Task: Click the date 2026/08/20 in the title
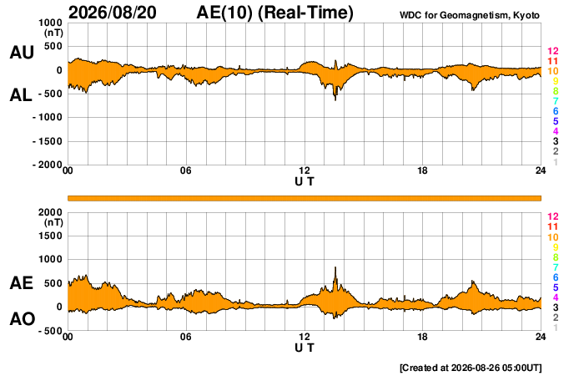click(113, 13)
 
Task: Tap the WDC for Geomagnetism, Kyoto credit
click(469, 15)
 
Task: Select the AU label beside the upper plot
click(22, 52)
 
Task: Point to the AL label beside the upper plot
click(21, 95)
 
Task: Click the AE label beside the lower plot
click(21, 283)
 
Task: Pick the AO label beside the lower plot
click(22, 319)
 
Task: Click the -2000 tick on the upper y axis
click(48, 165)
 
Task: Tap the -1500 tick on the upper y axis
click(48, 141)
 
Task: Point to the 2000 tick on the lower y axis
click(50, 212)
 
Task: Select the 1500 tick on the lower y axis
click(50, 236)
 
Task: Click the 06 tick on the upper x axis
click(186, 170)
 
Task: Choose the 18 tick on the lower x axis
click(422, 337)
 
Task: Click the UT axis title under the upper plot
click(305, 181)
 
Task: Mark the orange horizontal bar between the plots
click(305, 198)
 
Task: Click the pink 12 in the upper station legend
click(553, 51)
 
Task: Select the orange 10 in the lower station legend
click(553, 237)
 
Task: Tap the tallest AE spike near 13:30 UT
click(335, 268)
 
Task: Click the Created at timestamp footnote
click(471, 368)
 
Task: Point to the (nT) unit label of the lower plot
click(53, 223)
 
